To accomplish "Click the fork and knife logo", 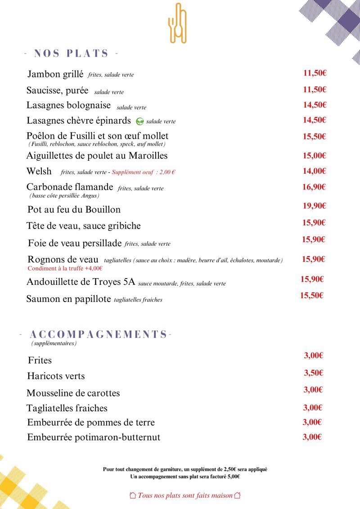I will click(x=177, y=23).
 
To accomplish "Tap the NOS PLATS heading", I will click(x=71, y=54).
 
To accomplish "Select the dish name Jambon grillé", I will click(x=55, y=74).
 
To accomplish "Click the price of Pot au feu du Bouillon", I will click(x=314, y=206).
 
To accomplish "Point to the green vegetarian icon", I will click(x=140, y=121).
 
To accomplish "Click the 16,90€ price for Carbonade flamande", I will click(x=314, y=187).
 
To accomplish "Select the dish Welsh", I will click(x=39, y=171).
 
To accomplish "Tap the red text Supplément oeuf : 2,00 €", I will click(x=143, y=172).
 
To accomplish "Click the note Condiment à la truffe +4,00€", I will click(x=65, y=268).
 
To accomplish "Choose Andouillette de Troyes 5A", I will click(x=81, y=283).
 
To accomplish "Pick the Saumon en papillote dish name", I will click(x=68, y=299).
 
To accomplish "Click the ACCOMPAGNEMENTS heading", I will click(x=98, y=334).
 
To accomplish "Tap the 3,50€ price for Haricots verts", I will click(x=314, y=373).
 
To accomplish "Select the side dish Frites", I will click(x=40, y=360).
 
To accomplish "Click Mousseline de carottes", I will click(x=73, y=393).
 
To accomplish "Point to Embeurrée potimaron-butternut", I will click(x=94, y=437).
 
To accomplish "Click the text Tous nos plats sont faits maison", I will click(x=185, y=495).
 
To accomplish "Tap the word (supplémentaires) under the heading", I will click(x=54, y=343).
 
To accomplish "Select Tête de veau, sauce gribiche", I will click(x=83, y=225).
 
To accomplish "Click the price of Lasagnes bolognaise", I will click(x=315, y=105).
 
